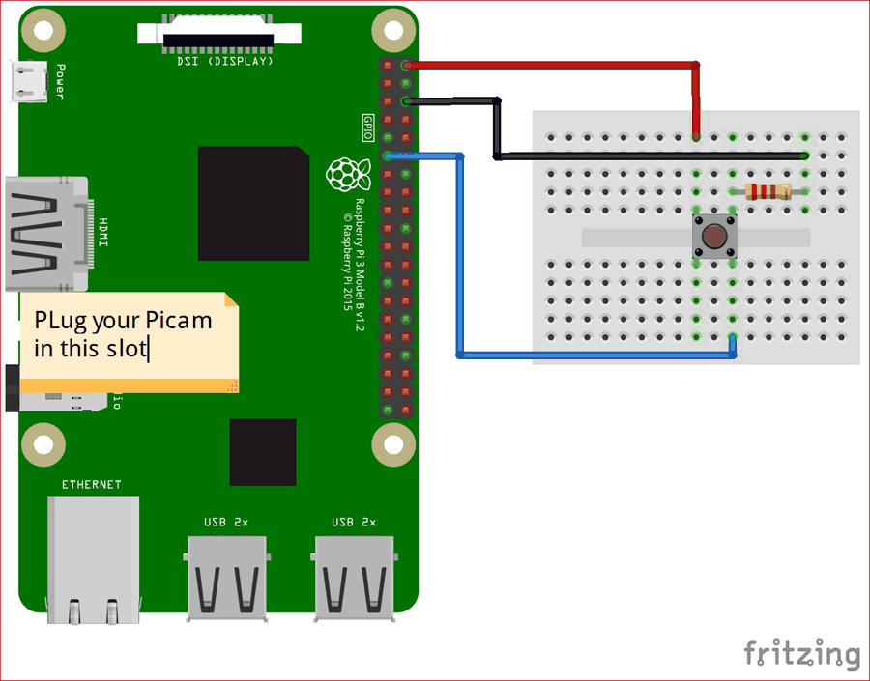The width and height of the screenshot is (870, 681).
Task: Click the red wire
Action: point(551,66)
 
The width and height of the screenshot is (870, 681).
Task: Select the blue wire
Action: point(460,261)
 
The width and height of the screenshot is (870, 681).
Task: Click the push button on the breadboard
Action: point(714,237)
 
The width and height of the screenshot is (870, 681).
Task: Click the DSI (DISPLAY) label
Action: point(225,61)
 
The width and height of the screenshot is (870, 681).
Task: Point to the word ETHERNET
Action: point(92,484)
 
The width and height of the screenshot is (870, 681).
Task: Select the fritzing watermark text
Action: point(801,653)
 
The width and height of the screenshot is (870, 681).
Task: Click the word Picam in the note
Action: point(179,320)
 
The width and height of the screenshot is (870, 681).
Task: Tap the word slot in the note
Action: point(126,348)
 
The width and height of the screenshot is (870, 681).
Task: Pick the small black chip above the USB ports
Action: point(263,452)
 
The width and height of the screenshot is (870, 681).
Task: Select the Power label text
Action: point(60,82)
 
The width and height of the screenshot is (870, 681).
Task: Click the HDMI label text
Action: point(103,231)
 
